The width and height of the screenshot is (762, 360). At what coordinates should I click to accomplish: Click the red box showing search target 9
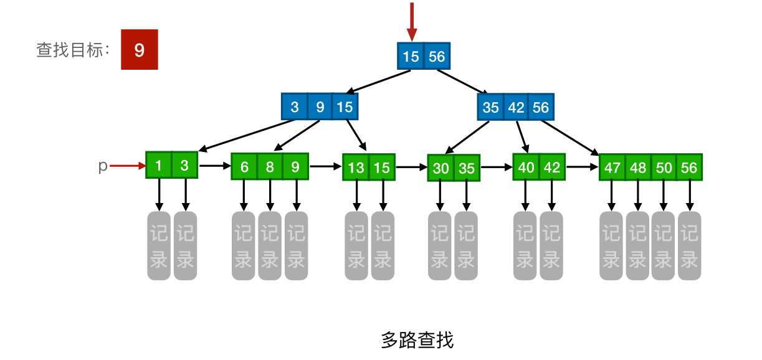pyautogui.click(x=139, y=50)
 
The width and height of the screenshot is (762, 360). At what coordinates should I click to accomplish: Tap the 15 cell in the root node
pyautogui.click(x=411, y=57)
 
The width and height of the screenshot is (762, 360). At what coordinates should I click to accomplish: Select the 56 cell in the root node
pyautogui.click(x=437, y=57)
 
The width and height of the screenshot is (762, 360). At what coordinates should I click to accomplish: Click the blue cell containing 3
pyautogui.click(x=295, y=107)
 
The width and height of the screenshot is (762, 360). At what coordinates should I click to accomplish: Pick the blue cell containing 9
pyautogui.click(x=320, y=107)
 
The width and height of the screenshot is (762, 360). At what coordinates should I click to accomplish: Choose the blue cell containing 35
pyautogui.click(x=491, y=107)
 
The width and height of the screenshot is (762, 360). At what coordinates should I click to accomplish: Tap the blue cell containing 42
pyautogui.click(x=516, y=107)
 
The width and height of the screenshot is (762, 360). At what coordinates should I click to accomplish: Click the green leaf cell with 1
pyautogui.click(x=159, y=166)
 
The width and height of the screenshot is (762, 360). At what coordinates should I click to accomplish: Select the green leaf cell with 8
pyautogui.click(x=270, y=167)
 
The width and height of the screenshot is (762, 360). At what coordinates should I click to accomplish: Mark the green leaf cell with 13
pyautogui.click(x=356, y=168)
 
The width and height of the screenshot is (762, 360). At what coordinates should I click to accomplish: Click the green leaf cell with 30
pyautogui.click(x=441, y=168)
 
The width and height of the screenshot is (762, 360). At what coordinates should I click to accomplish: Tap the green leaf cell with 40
pyautogui.click(x=526, y=168)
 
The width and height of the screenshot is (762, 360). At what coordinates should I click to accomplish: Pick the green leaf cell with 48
pyautogui.click(x=637, y=168)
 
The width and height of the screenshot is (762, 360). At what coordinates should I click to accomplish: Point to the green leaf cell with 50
pyautogui.click(x=664, y=168)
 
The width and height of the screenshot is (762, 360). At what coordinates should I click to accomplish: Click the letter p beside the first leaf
pyautogui.click(x=103, y=166)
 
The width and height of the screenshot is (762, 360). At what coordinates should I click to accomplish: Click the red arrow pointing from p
pyautogui.click(x=127, y=166)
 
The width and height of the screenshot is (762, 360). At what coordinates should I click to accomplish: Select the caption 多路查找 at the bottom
pyautogui.click(x=417, y=340)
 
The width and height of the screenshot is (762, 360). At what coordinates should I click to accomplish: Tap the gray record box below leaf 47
pyautogui.click(x=611, y=246)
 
